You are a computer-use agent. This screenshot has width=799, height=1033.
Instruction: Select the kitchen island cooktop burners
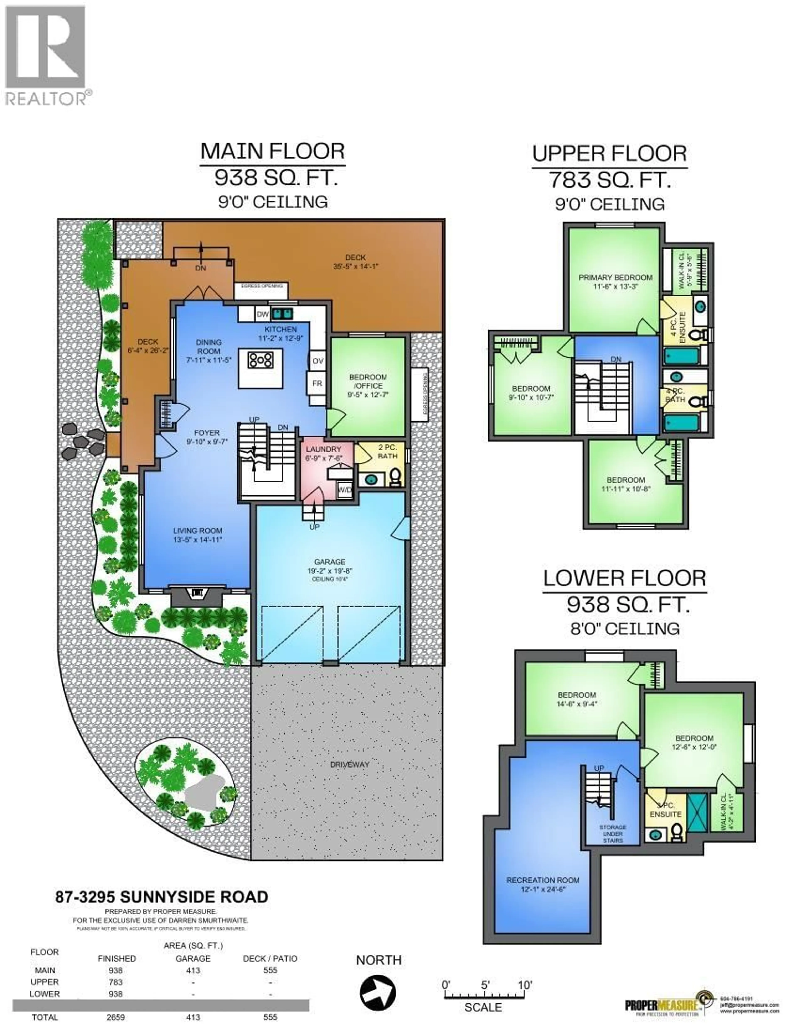point(260,360)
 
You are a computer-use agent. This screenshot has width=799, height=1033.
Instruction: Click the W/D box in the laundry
point(345,490)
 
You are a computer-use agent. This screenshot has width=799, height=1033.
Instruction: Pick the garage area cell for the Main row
point(193,970)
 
